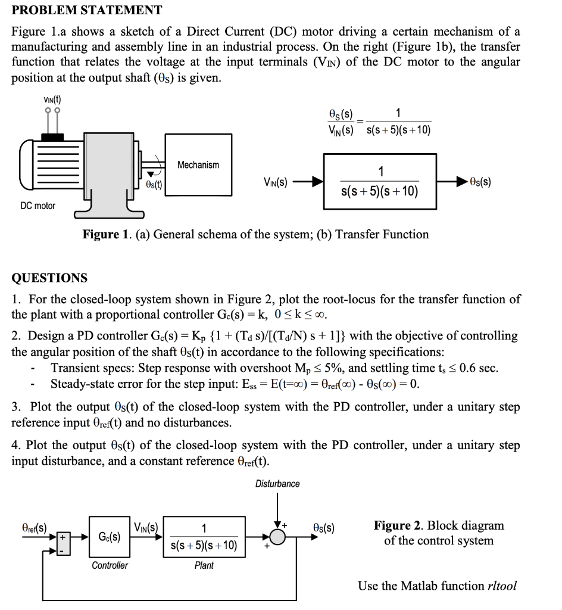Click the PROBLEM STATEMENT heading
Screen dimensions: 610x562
(87, 10)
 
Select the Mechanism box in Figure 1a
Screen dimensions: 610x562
(198, 165)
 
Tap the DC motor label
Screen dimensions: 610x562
(38, 206)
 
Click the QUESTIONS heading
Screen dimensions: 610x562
(50, 278)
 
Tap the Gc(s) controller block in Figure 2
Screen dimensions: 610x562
(109, 536)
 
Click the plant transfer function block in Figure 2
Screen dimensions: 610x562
(204, 536)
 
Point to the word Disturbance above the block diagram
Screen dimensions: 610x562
(277, 484)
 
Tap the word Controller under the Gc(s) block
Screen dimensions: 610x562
(110, 565)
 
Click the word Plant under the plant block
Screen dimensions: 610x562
(204, 565)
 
